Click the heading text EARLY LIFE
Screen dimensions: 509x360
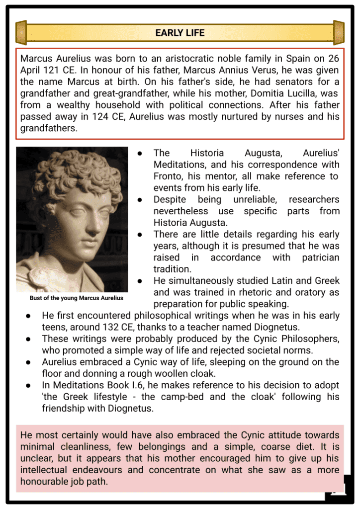pyautogui.click(x=180, y=33)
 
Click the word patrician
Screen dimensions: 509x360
pyautogui.click(x=320, y=257)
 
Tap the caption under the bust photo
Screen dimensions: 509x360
pyautogui.click(x=76, y=298)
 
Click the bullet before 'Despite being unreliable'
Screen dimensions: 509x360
pyautogui.click(x=141, y=200)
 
